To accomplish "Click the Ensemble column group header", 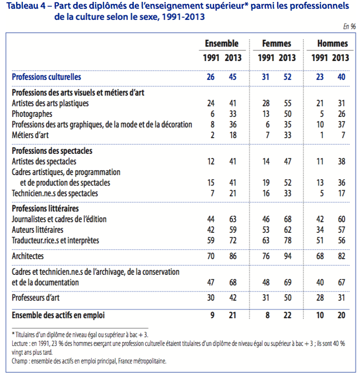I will (x=222, y=44).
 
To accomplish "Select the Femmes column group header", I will (x=276, y=44).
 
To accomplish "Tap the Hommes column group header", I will (x=332, y=44).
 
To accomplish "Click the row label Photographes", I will (x=32, y=114).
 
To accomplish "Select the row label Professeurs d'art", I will (x=36, y=298).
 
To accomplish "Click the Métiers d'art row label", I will (x=30, y=135).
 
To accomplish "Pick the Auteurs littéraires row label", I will (x=37, y=230).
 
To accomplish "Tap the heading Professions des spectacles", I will (x=52, y=151).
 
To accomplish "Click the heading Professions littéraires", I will (x=45, y=209).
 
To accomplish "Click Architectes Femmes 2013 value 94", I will (x=288, y=255).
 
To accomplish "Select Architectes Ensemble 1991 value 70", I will (x=210, y=255).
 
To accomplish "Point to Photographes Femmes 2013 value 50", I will (x=288, y=114).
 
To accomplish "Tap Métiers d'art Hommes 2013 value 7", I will (x=342, y=135).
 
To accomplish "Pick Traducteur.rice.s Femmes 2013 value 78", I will (x=288, y=240).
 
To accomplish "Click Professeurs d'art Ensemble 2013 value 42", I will (x=232, y=298).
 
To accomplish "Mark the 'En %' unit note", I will (x=349, y=26).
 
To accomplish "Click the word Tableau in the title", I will (x=18, y=6).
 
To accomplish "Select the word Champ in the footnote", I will (x=20, y=362).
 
